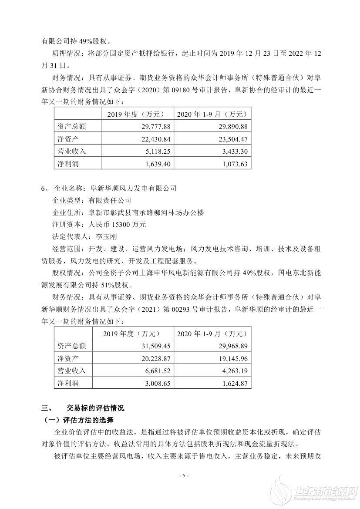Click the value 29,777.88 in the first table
tap(152, 126)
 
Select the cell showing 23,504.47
tap(232, 139)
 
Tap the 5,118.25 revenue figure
tap(154, 152)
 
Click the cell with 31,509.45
tap(152, 346)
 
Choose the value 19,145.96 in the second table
tap(232, 358)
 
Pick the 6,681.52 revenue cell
tap(154, 371)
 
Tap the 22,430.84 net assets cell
tap(152, 139)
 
